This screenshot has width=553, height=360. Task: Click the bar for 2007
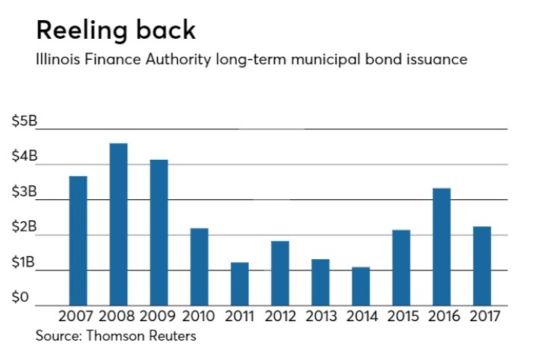click(x=78, y=240)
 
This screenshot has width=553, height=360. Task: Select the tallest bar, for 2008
click(x=118, y=224)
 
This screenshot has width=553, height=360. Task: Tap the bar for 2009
click(x=158, y=232)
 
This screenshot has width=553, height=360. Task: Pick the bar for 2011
click(x=239, y=284)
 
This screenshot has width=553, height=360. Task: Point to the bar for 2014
click(x=360, y=286)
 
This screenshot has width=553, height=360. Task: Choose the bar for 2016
click(x=441, y=246)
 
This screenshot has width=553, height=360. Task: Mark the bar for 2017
click(x=481, y=266)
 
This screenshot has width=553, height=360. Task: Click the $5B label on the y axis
click(x=23, y=122)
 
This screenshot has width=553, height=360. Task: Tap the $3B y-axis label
click(x=23, y=193)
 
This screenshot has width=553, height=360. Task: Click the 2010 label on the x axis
click(x=199, y=317)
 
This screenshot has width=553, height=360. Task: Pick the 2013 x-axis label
click(x=320, y=317)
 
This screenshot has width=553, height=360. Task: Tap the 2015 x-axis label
click(x=401, y=317)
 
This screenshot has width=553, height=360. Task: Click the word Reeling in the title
click(x=81, y=31)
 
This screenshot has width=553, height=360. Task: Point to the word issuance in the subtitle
click(x=437, y=60)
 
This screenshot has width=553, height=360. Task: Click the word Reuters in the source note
click(x=170, y=336)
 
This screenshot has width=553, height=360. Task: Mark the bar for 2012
click(x=279, y=273)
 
